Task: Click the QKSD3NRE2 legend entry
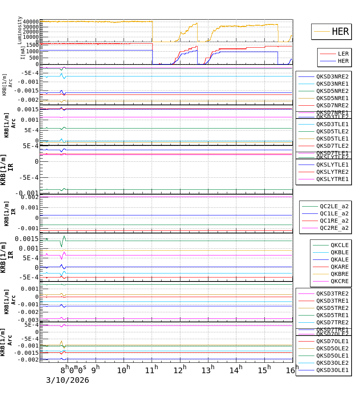point(332,76)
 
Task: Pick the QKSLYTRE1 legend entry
point(332,179)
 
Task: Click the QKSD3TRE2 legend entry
point(332,293)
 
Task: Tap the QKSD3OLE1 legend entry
point(332,370)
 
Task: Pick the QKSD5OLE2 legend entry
point(332,348)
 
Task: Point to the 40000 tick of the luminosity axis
point(30,22)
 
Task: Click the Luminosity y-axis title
point(20,30)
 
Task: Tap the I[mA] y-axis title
point(23,52)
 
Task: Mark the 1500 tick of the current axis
point(32,45)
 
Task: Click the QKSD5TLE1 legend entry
point(332,139)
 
